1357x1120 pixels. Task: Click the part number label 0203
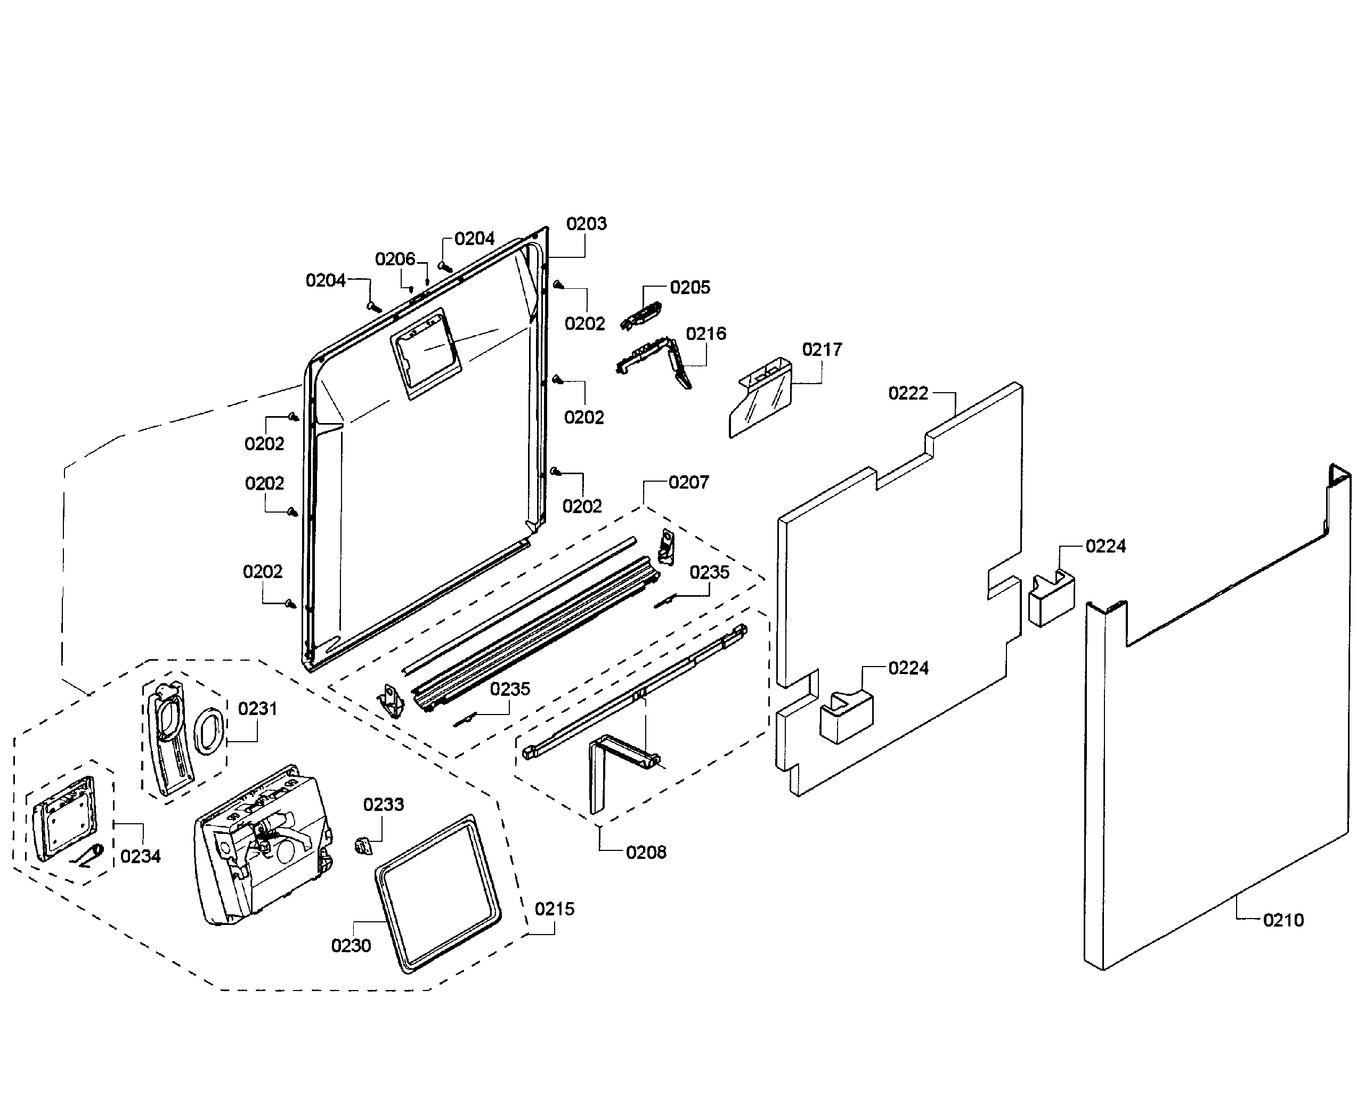click(x=586, y=224)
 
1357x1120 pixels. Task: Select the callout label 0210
click(x=1283, y=920)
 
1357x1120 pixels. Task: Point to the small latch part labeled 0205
click(x=641, y=316)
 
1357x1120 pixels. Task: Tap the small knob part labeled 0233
click(x=364, y=845)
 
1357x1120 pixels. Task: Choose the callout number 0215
click(x=554, y=909)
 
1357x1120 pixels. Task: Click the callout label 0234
click(x=140, y=856)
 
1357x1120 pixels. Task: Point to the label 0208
click(x=646, y=853)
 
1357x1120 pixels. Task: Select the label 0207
click(x=688, y=483)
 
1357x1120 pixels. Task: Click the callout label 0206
click(x=395, y=259)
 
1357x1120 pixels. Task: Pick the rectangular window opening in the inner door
click(x=426, y=352)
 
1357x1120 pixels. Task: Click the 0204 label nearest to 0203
click(x=474, y=239)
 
